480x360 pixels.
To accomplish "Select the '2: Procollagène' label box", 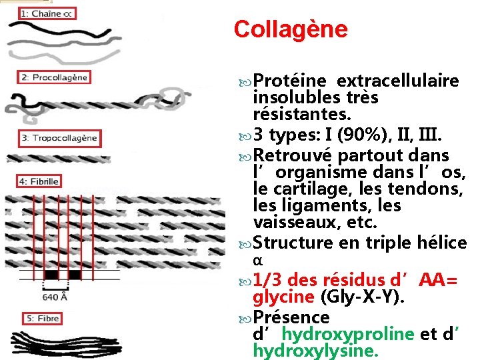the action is (x=54, y=77).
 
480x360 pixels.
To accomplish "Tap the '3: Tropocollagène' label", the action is (x=59, y=138).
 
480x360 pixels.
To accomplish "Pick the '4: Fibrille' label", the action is (x=39, y=181).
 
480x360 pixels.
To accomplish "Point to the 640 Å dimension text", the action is (x=54, y=296).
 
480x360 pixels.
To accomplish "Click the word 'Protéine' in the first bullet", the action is (x=290, y=81).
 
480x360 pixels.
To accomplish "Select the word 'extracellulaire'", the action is (x=398, y=81).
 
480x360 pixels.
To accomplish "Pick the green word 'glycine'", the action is (x=283, y=297).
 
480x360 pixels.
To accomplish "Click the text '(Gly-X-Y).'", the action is (x=363, y=297).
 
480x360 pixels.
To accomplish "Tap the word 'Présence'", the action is (x=291, y=317).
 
